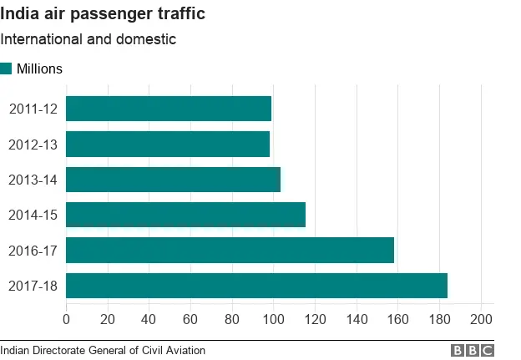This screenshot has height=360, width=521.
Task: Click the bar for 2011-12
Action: click(x=169, y=109)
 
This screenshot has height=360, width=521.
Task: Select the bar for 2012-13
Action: click(x=168, y=144)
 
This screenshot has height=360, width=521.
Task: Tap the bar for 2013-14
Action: click(x=173, y=180)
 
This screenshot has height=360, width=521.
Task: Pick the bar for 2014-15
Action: click(x=185, y=215)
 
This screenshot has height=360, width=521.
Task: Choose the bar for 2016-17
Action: click(x=230, y=251)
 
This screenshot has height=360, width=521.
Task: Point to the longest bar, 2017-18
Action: click(x=256, y=286)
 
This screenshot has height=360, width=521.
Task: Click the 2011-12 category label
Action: click(x=33, y=109)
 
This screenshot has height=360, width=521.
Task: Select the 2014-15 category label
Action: click(x=33, y=215)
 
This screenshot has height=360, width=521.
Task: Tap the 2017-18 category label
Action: click(x=33, y=286)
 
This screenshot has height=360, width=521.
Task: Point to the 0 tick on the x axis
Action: click(x=66, y=319)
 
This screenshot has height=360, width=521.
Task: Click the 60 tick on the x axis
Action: click(x=190, y=319)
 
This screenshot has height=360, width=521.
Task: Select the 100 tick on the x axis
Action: click(x=273, y=319)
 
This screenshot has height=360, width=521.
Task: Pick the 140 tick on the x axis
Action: click(x=357, y=319)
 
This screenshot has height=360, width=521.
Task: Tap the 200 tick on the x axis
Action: click(x=481, y=319)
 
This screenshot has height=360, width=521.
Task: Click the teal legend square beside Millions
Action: click(x=6, y=68)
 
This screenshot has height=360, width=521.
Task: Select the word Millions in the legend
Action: click(x=39, y=68)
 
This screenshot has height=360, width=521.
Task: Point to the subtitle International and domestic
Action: click(x=88, y=39)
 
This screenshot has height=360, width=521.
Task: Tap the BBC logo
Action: click(x=473, y=351)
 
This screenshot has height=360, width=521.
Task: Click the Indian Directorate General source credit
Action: click(x=103, y=351)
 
